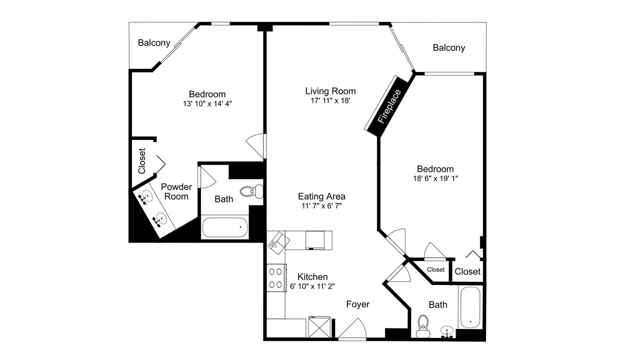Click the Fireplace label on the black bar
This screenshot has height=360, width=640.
pyautogui.click(x=389, y=106)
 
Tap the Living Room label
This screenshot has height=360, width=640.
pyautogui.click(x=330, y=91)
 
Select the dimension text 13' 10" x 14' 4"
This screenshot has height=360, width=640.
pyautogui.click(x=207, y=103)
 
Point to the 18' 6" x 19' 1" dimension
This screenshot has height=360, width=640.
pyautogui.click(x=435, y=178)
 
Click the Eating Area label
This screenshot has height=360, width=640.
pyautogui.click(x=321, y=196)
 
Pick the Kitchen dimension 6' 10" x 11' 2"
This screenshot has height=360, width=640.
pyautogui.click(x=312, y=286)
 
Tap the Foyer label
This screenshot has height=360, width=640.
pyautogui.click(x=357, y=304)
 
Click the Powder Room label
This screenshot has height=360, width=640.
pyautogui.click(x=176, y=191)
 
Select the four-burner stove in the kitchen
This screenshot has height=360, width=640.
pyautogui.click(x=276, y=277)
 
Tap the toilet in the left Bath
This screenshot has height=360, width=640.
pyautogui.click(x=251, y=191)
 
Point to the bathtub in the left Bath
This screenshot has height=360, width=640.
pyautogui.click(x=225, y=227)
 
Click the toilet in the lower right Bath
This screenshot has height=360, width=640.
pyautogui.click(x=423, y=326)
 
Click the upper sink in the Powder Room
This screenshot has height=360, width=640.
pyautogui.click(x=145, y=197)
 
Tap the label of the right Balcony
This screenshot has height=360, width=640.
pyautogui.click(x=449, y=47)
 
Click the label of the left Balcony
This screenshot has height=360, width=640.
pyautogui.click(x=154, y=43)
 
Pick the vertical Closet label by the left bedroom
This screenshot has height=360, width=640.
pyautogui.click(x=142, y=161)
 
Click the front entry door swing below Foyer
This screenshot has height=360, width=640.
pyautogui.click(x=352, y=328)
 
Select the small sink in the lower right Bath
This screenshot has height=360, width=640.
pyautogui.click(x=447, y=332)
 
